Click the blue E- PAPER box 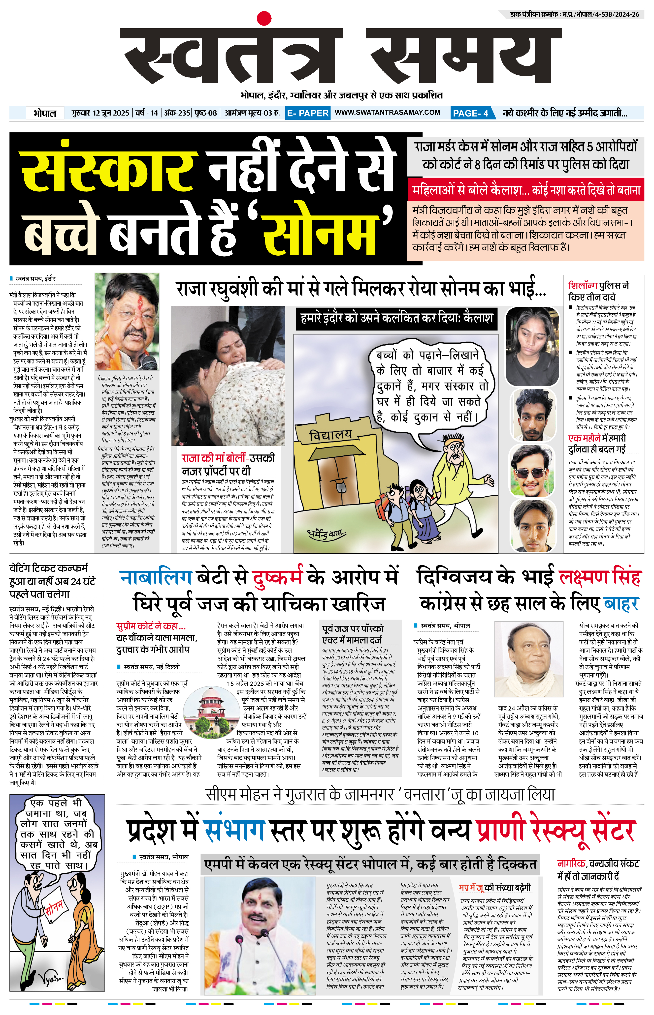[x=307, y=113]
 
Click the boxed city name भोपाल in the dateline [x=45, y=113]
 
